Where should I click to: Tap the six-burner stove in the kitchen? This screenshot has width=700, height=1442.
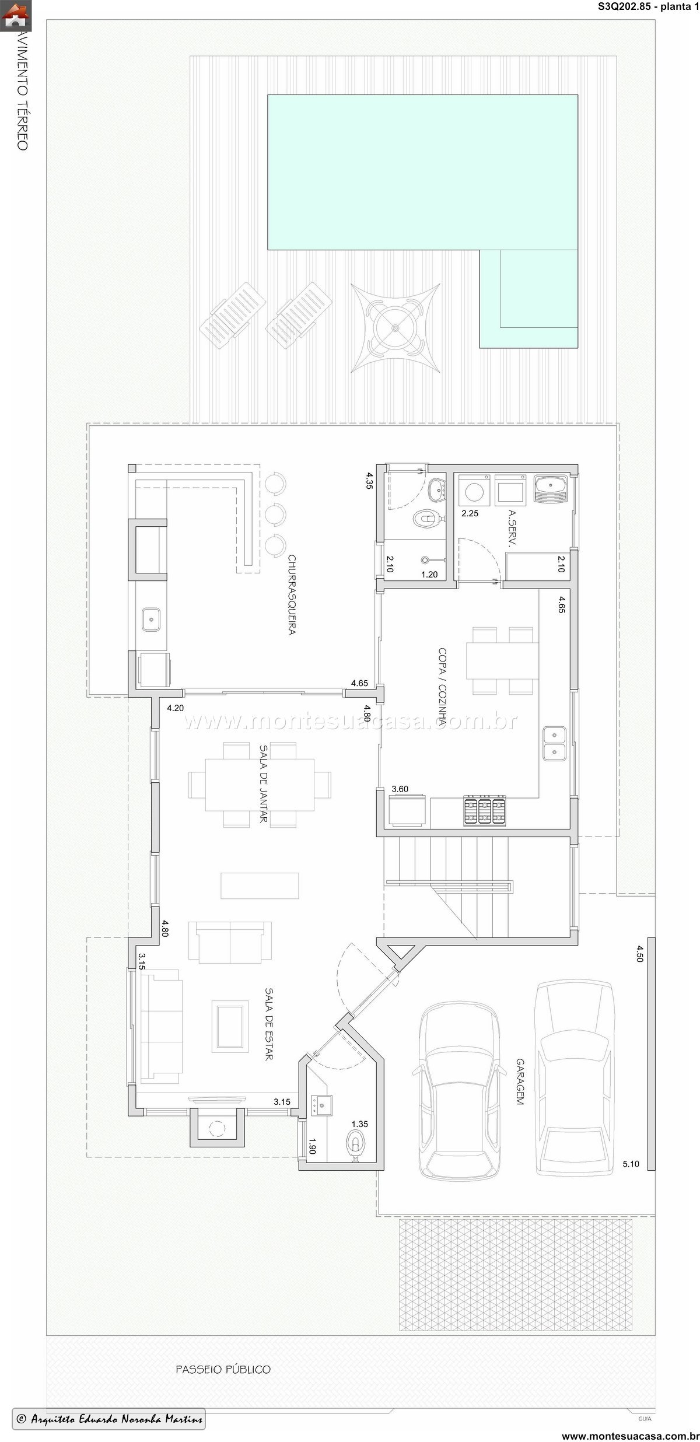click(484, 811)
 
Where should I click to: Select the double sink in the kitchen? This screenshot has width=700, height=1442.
click(554, 743)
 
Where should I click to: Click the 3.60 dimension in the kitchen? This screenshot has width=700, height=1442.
click(400, 789)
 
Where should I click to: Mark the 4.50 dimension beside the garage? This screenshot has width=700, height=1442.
click(640, 953)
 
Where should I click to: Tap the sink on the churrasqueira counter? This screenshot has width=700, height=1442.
click(151, 619)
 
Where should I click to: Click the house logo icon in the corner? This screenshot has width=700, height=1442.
click(16, 16)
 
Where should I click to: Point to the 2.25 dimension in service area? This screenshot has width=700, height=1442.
click(470, 513)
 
